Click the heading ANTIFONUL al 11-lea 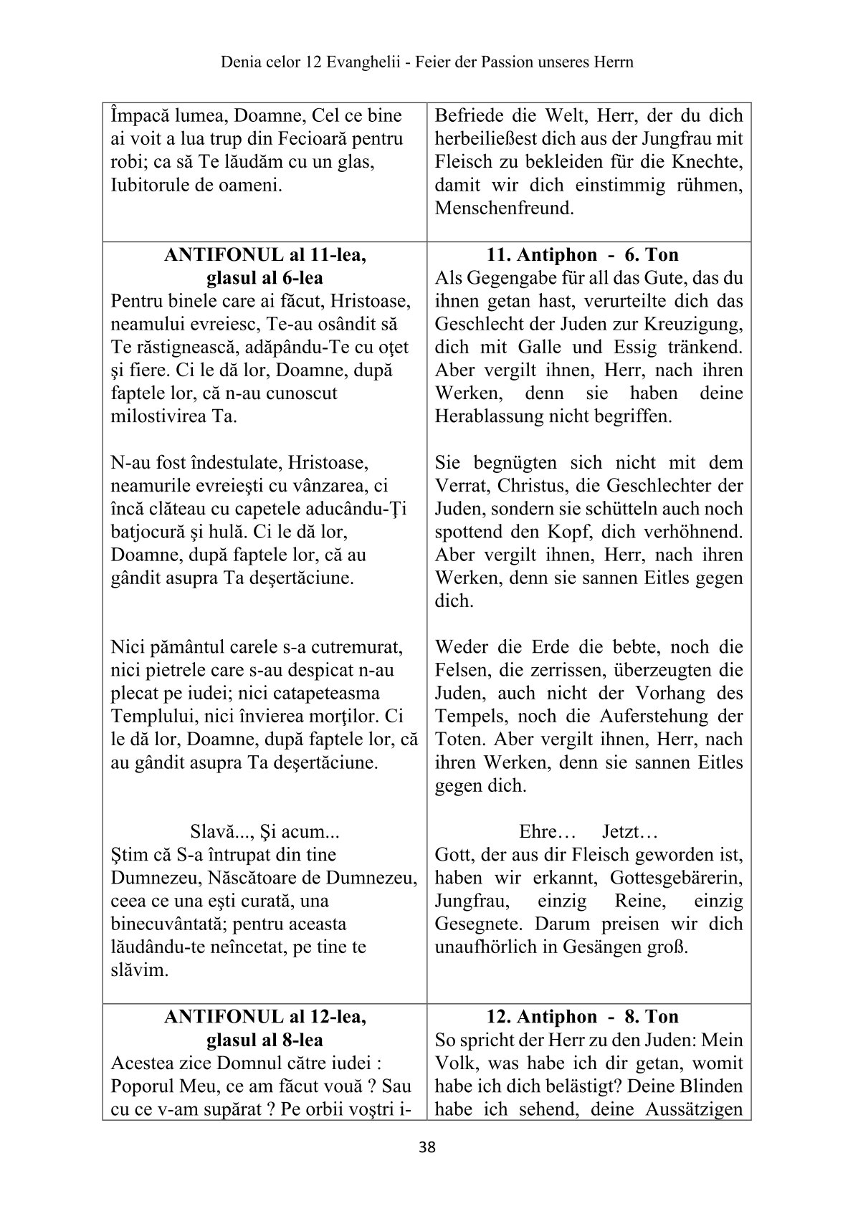(265, 255)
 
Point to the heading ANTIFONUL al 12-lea (265, 1016)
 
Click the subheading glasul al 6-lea (265, 278)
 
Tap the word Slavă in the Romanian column (214, 832)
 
